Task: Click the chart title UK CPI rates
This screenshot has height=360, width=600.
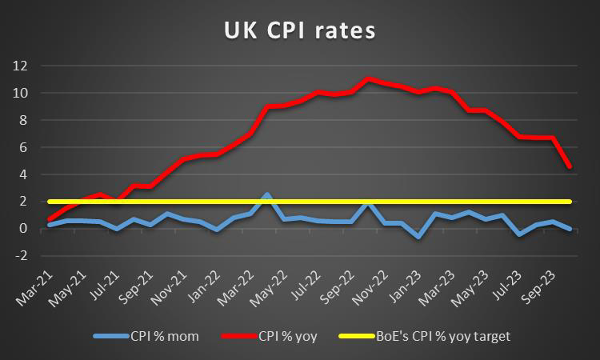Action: tap(300, 33)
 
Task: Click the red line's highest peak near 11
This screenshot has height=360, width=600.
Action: tap(367, 78)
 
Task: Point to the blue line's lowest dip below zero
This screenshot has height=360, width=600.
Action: tap(418, 237)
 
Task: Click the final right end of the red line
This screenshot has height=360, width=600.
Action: tap(569, 166)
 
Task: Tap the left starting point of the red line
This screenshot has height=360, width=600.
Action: tap(49, 219)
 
